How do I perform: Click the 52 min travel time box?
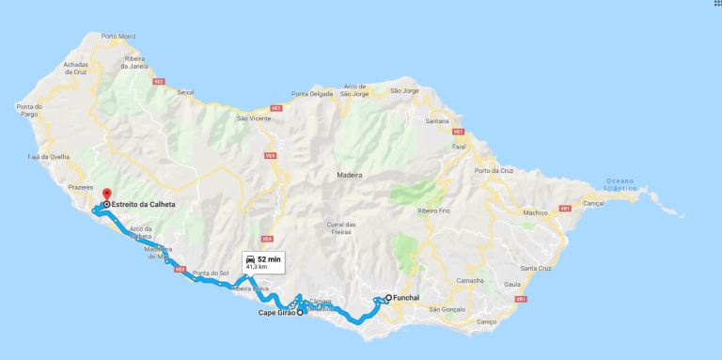[261, 261]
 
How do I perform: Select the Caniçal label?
[593, 203]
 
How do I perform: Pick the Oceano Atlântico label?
[620, 184]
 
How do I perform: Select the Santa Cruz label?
[536, 268]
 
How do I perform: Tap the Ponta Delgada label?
[311, 92]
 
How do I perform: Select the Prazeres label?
[81, 187]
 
